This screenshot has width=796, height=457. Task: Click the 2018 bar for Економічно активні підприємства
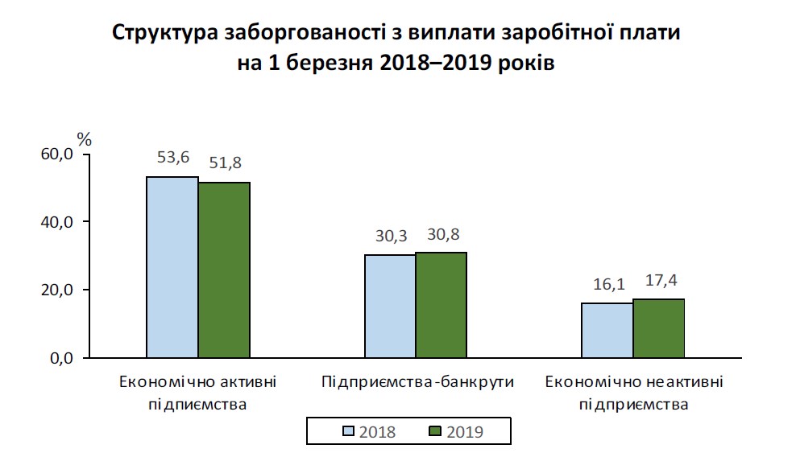click(172, 267)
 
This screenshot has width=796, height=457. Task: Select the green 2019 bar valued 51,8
click(225, 270)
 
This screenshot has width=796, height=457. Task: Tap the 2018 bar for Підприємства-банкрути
click(390, 306)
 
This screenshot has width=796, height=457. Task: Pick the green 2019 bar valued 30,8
click(442, 305)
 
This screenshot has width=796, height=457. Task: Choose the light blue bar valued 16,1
click(607, 330)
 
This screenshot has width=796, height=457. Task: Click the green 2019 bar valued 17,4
click(659, 328)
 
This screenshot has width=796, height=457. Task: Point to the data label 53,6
click(172, 159)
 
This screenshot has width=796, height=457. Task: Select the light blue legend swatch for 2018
click(349, 431)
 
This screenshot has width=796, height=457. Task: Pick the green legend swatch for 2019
click(436, 431)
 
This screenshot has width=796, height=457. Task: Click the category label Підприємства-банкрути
click(417, 381)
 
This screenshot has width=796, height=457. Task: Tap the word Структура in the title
click(166, 35)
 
